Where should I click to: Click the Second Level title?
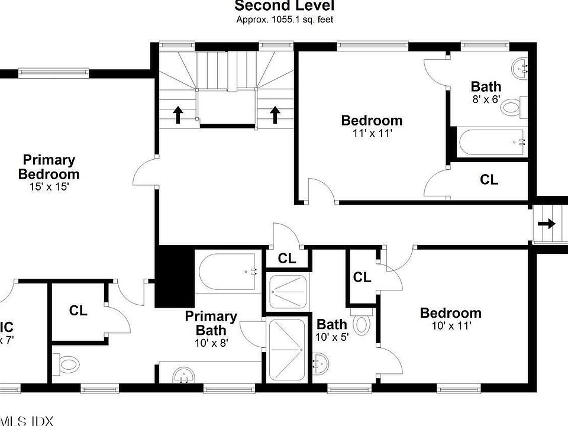coord(284,7)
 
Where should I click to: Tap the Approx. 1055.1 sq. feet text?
coord(284,19)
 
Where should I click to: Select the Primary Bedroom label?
coord(49,167)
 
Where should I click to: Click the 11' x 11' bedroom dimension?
coord(372,133)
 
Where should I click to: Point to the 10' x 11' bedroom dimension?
coord(450,325)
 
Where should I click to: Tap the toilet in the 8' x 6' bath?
coord(511,107)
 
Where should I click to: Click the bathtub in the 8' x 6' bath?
coord(491,142)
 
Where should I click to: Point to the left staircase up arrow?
coord(178,114)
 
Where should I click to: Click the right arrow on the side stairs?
coord(547,224)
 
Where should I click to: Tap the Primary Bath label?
coord(211,323)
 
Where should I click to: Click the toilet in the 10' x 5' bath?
coord(362,324)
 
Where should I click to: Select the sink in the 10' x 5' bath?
coord(320,360)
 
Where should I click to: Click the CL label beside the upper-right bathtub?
coord(489,179)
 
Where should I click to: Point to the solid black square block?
coord(175,276)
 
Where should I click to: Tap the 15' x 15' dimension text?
coord(49,187)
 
